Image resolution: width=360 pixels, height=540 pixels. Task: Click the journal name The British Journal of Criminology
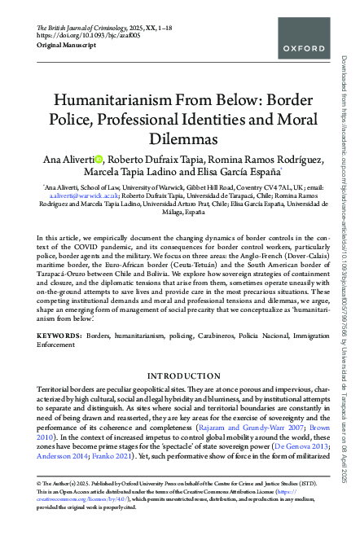(85, 28)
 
